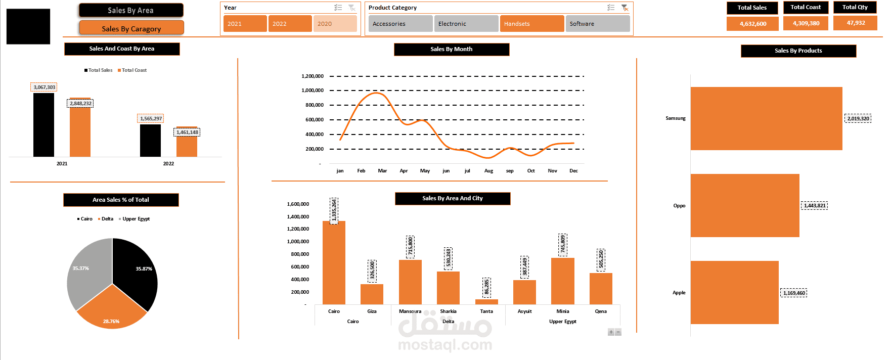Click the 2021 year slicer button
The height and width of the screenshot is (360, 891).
[245, 24]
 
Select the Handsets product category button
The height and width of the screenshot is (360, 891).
[532, 24]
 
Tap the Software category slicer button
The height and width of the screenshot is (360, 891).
[598, 24]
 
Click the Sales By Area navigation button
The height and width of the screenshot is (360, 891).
[131, 10]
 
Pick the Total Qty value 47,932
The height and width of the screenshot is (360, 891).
[855, 23]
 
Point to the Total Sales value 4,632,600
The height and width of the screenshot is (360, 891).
[752, 24]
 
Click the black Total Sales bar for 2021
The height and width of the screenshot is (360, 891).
[43, 125]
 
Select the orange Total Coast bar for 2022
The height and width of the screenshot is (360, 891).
[187, 142]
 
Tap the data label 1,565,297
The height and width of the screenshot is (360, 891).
[151, 119]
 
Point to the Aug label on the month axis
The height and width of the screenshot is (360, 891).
[488, 171]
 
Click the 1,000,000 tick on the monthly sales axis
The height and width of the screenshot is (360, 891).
[313, 91]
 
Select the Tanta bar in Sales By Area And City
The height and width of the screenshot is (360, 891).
[486, 302]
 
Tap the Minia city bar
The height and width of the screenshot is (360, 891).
[563, 281]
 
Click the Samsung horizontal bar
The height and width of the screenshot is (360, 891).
[767, 118]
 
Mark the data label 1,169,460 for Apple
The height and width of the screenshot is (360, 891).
[793, 293]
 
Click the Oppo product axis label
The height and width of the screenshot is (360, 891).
[679, 206]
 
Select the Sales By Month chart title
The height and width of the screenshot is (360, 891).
[452, 49]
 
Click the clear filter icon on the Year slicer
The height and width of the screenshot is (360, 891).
[352, 8]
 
